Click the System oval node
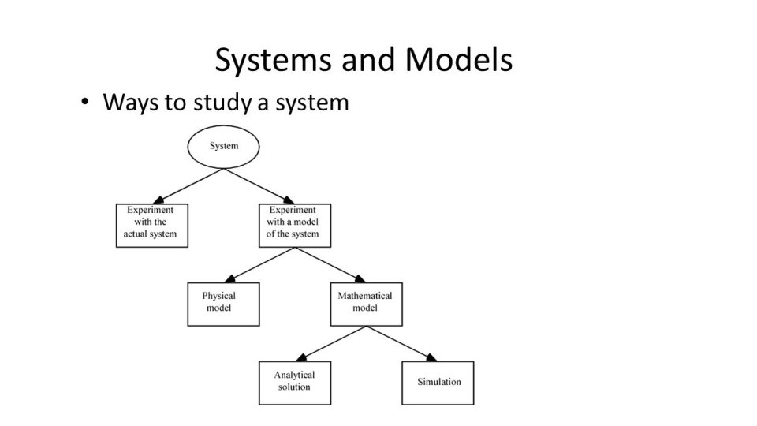click(x=223, y=146)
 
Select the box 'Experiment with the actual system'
click(x=151, y=225)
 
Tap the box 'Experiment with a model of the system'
click(x=294, y=225)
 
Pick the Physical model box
click(x=223, y=304)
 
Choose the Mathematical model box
click(x=365, y=304)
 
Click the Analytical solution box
click(x=294, y=383)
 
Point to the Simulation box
click(x=438, y=383)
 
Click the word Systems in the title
click(x=266, y=61)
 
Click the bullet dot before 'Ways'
click(x=84, y=103)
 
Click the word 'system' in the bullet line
click(x=311, y=103)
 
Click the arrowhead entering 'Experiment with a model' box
click(x=288, y=200)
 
